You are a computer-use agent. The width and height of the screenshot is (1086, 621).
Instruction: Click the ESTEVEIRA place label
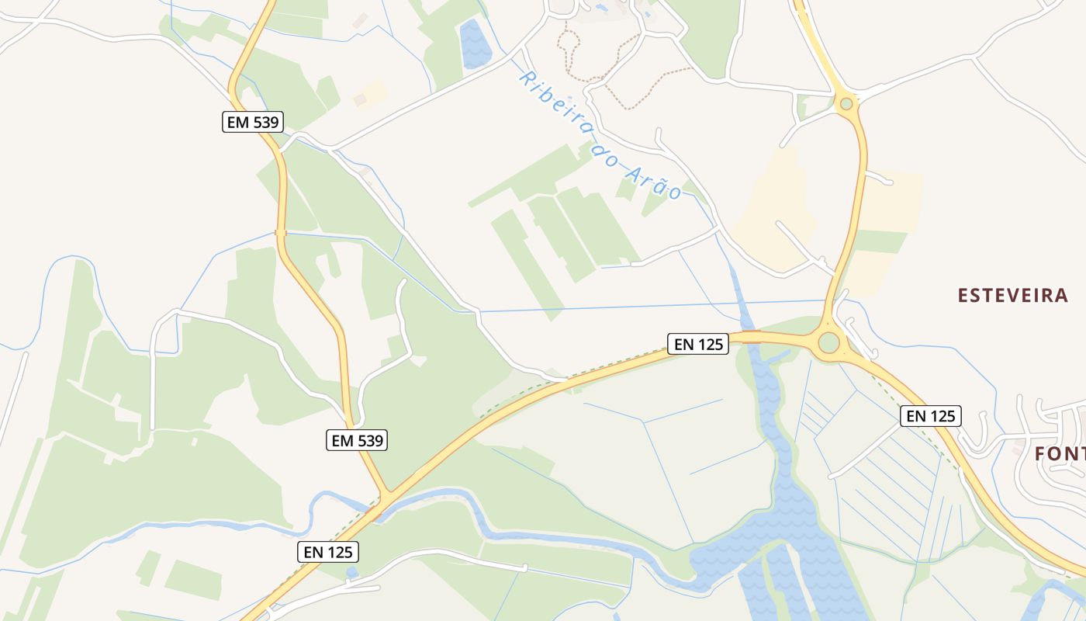pos(1012,296)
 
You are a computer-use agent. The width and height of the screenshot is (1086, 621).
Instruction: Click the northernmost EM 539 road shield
pos(253,122)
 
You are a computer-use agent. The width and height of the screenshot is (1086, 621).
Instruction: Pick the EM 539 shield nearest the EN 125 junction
pos(356,441)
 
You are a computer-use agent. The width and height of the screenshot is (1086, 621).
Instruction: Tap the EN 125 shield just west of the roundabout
pos(698,344)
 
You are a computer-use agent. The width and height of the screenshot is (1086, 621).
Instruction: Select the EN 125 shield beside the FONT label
pos(931,416)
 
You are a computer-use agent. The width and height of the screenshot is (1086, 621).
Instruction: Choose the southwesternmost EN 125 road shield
pos(328,552)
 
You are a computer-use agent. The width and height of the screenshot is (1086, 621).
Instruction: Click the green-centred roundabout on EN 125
pos(829,342)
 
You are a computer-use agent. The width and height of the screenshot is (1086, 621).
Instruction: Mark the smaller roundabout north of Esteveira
pos(846,103)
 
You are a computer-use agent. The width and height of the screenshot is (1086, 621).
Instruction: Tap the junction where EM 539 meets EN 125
pos(386,494)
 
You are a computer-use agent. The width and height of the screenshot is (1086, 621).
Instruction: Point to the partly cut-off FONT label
pos(1060,453)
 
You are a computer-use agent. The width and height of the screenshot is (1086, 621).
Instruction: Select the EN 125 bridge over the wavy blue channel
pos(748,337)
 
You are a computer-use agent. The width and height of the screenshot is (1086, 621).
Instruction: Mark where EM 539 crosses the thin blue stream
pos(281,232)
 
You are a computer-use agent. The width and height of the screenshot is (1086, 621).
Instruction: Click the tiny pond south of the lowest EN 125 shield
pos(352,573)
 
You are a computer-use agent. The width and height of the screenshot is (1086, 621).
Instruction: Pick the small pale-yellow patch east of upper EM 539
pos(369,95)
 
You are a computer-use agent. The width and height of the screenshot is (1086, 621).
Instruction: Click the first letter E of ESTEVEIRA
pos(963,296)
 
